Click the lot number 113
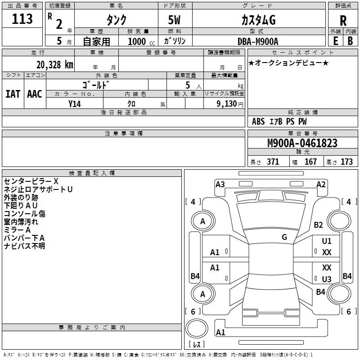tap(22, 19)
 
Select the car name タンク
tap(117, 20)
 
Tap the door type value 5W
tap(174, 20)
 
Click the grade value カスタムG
tap(258, 20)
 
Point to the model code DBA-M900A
tap(258, 41)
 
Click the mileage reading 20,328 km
tap(55, 65)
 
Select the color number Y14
tap(75, 104)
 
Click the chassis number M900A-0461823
tap(302, 143)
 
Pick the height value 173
tap(346, 162)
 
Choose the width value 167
tap(310, 162)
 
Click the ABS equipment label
tap(258, 121)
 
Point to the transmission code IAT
tap(13, 94)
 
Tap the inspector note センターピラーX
tap(31, 181)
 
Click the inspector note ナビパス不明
tap(24, 246)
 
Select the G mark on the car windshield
tap(284, 237)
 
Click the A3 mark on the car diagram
tap(220, 184)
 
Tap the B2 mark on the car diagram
tap(318, 225)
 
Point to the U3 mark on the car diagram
tap(327, 279)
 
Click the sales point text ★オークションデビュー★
tap(288, 63)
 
